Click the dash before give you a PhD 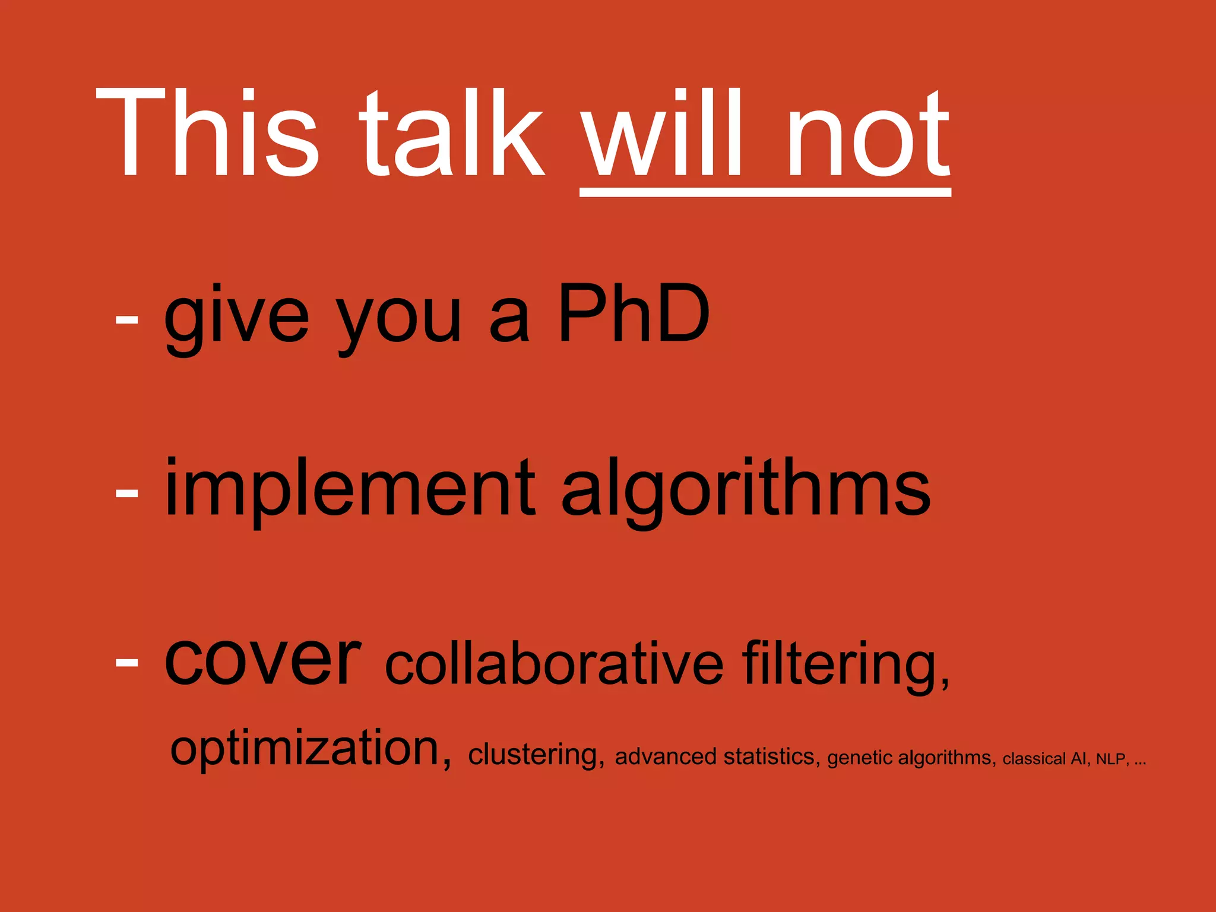point(126,320)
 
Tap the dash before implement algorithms point(126,492)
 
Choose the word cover point(262,659)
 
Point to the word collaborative point(554,663)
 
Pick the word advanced point(666,756)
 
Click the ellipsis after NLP point(1140,762)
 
